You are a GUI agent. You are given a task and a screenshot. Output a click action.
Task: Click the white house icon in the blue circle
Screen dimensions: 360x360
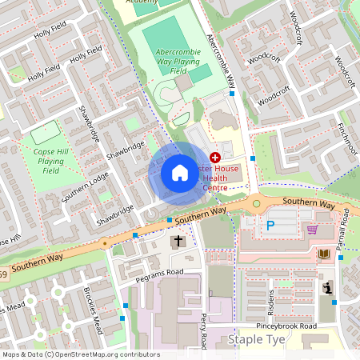[x=180, y=173]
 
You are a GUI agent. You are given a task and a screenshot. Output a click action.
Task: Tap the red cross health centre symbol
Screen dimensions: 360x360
[x=214, y=158]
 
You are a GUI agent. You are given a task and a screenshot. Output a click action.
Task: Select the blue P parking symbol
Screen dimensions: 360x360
[x=270, y=226]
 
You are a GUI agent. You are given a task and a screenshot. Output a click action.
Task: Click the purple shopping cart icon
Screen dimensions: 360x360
[x=312, y=229]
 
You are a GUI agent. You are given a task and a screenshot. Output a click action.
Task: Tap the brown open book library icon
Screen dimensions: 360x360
[x=323, y=254]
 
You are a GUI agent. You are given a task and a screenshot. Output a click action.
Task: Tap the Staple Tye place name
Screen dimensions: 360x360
[x=256, y=340]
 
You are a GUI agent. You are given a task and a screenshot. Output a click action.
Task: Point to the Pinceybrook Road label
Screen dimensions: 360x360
[x=286, y=326]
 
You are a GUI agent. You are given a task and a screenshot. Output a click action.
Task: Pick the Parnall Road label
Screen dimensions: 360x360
[x=344, y=230]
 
